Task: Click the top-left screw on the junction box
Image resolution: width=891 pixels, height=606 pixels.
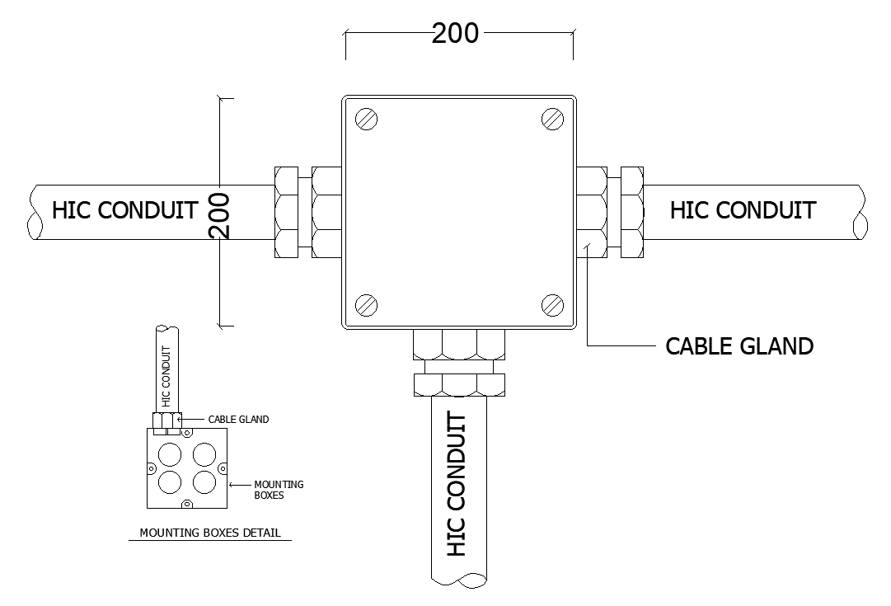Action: (366, 120)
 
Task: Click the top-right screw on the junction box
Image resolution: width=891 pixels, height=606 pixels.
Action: (552, 120)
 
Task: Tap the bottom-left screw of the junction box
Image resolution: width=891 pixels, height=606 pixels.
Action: (366, 305)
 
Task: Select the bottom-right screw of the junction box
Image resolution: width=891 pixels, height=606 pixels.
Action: (552, 305)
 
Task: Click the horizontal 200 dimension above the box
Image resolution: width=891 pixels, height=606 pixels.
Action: (455, 33)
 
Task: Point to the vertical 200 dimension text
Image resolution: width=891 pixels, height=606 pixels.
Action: (220, 216)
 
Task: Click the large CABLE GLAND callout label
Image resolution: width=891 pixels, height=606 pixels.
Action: (739, 345)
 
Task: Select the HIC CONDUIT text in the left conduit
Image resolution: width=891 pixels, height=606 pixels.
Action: (124, 210)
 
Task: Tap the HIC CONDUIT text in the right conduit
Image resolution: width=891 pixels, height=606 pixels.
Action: (743, 210)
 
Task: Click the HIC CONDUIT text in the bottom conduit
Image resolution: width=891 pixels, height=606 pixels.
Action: (456, 485)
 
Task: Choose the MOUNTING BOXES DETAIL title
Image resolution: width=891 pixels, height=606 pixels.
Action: (210, 533)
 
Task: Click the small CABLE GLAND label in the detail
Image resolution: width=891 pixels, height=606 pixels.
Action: (238, 420)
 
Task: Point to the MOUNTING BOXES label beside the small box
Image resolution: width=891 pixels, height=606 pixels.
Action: (279, 490)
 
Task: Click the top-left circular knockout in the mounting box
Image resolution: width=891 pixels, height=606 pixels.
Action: (171, 453)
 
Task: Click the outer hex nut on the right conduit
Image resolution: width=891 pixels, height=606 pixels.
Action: (631, 212)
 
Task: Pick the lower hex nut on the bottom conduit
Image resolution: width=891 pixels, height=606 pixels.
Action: (458, 383)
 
